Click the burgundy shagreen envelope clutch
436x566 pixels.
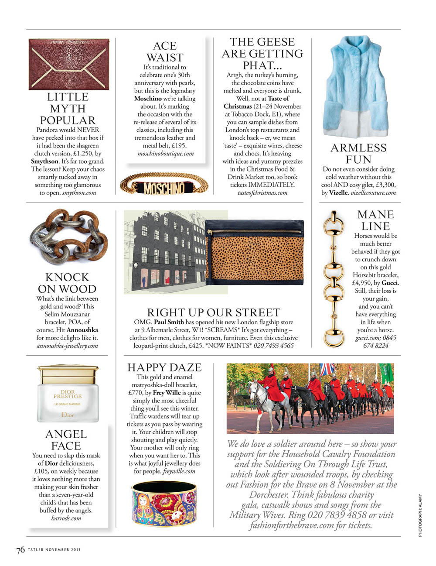[68, 64]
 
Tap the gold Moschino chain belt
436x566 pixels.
[164, 187]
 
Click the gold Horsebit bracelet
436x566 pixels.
[335, 279]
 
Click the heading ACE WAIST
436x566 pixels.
[164, 52]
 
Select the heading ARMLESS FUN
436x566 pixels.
[358, 154]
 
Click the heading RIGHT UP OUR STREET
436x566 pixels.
[213, 312]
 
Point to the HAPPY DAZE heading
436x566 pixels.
[164, 367]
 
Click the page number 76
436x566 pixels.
[20, 550]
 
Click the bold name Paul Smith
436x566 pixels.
[169, 322]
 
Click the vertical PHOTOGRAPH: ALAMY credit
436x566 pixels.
[420, 515]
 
